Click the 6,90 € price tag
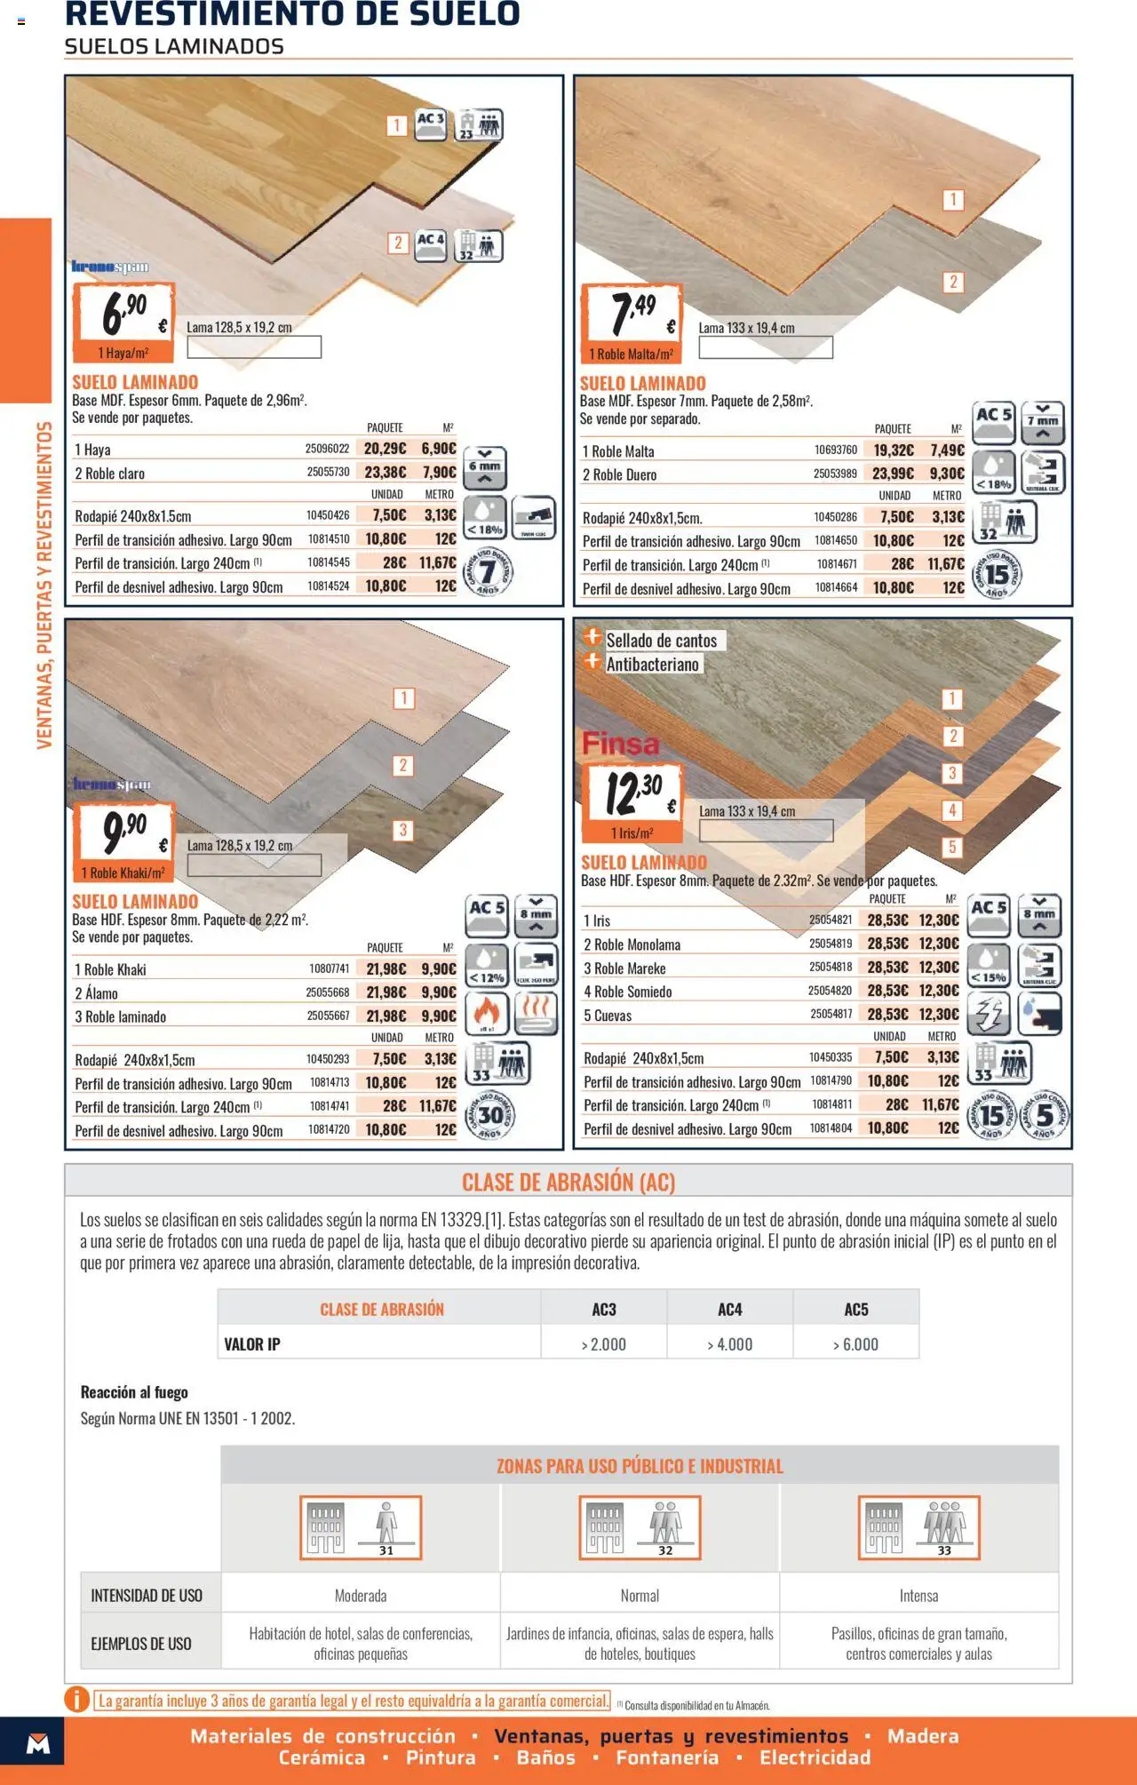123,313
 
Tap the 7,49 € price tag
632,314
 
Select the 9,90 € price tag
123,833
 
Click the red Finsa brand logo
621,744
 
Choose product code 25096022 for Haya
327,449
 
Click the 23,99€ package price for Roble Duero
892,474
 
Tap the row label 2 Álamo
96,993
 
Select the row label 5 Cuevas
608,1016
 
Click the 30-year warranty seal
490,1115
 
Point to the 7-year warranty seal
488,573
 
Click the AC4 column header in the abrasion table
729,1310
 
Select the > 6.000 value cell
855,1344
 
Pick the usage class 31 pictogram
361,1528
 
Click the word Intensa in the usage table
918,1596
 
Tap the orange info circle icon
77,1700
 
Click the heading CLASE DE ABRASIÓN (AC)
568,1183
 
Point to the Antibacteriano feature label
652,664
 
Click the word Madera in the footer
923,1736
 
